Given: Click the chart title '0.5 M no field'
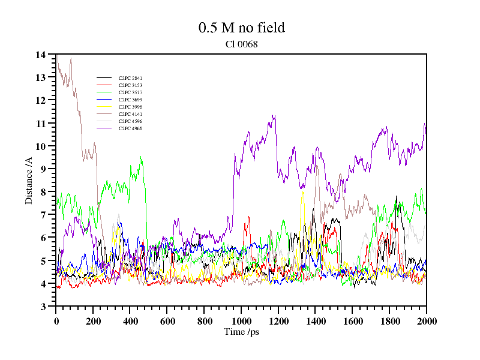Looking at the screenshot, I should click(x=241, y=28).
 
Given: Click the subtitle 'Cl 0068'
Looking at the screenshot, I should click(x=241, y=44).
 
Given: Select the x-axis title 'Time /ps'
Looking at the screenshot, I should click(x=241, y=332).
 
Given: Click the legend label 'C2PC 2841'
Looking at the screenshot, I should click(x=130, y=79).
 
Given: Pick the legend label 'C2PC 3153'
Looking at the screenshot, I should click(x=130, y=86).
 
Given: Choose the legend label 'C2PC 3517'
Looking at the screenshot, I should click(x=130, y=93).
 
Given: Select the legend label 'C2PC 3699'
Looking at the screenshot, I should click(x=130, y=100).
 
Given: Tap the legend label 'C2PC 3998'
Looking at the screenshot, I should click(x=130, y=107).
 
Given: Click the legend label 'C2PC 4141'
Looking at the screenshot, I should click(x=130, y=115).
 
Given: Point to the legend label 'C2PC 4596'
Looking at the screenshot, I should click(x=130, y=122).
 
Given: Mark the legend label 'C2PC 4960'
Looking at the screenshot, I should click(x=130, y=129).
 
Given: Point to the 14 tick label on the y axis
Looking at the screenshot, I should click(x=41, y=55).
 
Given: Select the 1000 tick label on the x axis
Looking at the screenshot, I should click(x=241, y=321).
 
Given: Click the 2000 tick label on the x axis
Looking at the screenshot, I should click(x=426, y=321).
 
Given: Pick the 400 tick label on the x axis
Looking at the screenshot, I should click(x=130, y=321).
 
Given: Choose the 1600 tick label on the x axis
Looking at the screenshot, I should click(x=352, y=321).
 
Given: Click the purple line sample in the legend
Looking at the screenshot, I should click(x=104, y=129).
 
